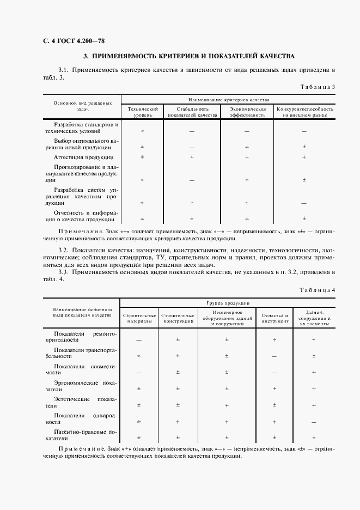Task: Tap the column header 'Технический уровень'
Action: (x=143, y=112)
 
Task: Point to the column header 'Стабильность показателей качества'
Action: (x=192, y=112)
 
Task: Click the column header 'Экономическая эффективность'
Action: (x=247, y=112)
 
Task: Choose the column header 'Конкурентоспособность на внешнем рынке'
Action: (x=304, y=112)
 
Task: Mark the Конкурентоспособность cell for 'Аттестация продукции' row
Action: (x=304, y=157)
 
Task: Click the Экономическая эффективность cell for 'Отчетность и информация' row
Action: (x=247, y=219)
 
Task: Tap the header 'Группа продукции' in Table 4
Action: (x=228, y=302)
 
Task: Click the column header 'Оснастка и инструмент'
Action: (x=274, y=318)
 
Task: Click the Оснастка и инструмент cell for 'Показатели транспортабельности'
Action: (x=274, y=356)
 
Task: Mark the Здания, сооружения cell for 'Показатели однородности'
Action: (x=314, y=422)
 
